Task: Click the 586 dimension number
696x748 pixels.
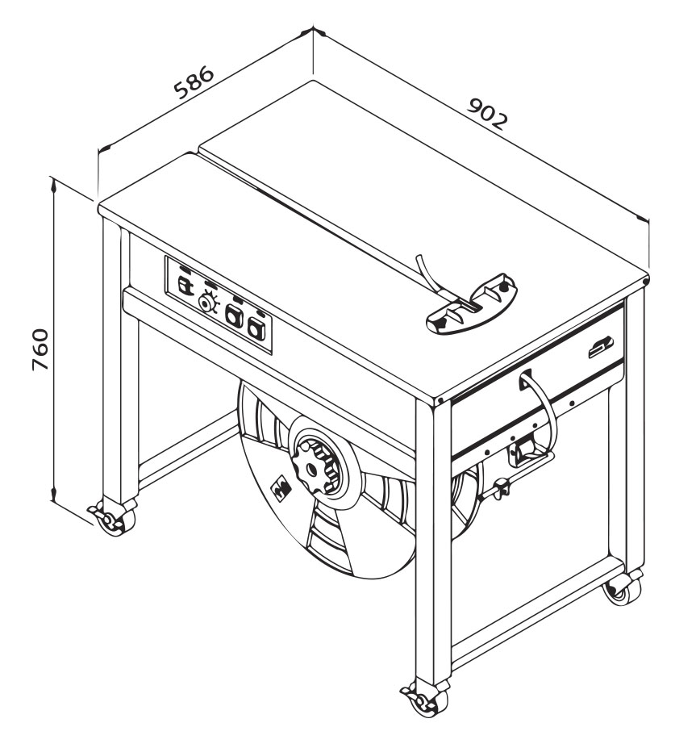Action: coord(194,82)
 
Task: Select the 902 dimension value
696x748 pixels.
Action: coord(487,114)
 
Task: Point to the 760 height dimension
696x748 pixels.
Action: coord(40,349)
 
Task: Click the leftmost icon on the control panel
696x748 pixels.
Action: coord(185,285)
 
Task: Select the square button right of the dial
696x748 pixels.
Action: coord(234,315)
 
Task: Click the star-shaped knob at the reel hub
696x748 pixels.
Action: coord(315,469)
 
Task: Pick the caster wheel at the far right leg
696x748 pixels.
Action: coord(622,589)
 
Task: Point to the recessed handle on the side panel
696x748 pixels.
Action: coord(600,347)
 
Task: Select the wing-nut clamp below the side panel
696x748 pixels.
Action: coord(501,490)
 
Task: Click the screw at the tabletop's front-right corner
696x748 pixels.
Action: coord(440,400)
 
